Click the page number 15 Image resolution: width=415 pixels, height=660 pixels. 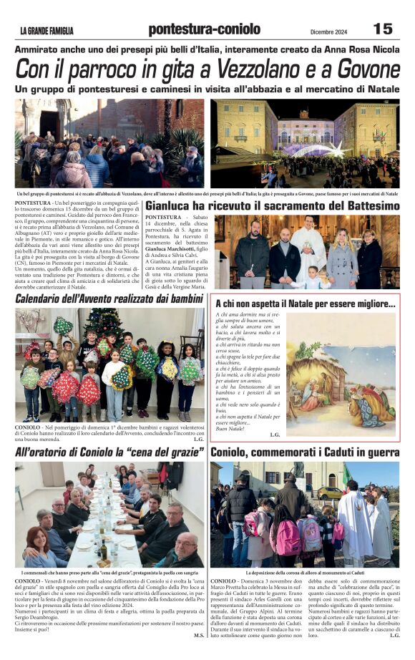(x=383, y=29)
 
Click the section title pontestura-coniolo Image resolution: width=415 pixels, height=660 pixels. (x=204, y=29)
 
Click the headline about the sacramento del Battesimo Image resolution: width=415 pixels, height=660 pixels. (x=272, y=206)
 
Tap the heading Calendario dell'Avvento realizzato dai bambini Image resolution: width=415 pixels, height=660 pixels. (x=109, y=298)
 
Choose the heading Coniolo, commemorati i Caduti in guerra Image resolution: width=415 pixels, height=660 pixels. (x=305, y=452)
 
